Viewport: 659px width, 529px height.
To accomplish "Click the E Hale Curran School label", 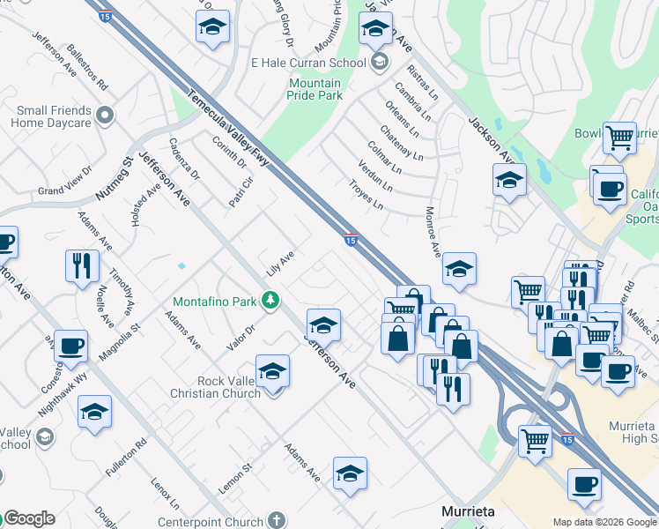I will pyautogui.click(x=307, y=63).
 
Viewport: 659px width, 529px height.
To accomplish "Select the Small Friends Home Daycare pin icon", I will pyautogui.click(x=106, y=115).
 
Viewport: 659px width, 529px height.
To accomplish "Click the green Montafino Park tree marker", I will pyautogui.click(x=272, y=302).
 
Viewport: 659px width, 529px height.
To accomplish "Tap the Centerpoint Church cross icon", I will pyautogui.click(x=276, y=521).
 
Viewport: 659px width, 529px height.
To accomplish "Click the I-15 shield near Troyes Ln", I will pyautogui.click(x=350, y=240).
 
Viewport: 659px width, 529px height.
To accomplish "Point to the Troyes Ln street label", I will pyautogui.click(x=366, y=196).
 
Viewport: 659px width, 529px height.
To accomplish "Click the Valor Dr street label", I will pyautogui.click(x=241, y=337).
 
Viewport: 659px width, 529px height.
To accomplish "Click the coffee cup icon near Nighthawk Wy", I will pyautogui.click(x=70, y=346).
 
